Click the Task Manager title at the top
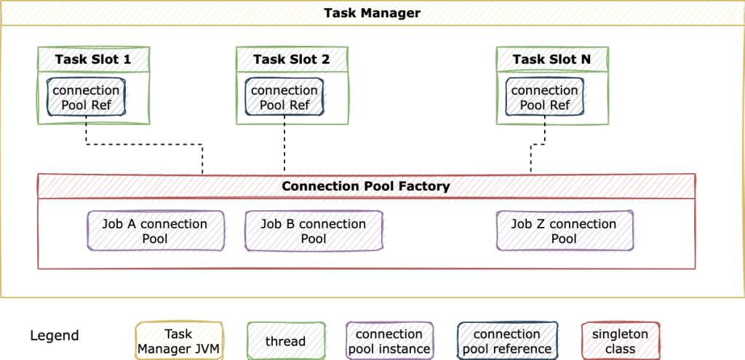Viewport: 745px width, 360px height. click(372, 13)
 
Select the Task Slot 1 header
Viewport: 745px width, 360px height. click(93, 60)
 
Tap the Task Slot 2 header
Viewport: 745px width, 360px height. click(291, 60)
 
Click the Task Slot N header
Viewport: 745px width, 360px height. click(551, 60)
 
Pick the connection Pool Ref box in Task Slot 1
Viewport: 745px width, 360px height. click(86, 97)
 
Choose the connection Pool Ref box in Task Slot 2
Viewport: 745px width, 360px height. click(284, 97)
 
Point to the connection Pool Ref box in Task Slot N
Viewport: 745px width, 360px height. click(544, 97)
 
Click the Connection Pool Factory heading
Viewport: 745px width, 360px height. click(366, 186)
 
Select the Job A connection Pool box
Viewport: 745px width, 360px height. click(154, 231)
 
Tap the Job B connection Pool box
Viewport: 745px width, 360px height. click(314, 231)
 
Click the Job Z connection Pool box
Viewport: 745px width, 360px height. click(564, 231)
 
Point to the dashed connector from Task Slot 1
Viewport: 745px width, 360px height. click(146, 145)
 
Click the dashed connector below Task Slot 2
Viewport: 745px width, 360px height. click(284, 145)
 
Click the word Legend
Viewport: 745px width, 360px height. click(55, 336)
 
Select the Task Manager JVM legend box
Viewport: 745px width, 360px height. click(178, 341)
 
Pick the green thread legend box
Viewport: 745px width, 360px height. click(284, 341)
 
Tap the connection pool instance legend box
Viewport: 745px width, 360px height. click(389, 341)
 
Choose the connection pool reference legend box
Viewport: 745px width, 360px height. click(507, 341)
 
